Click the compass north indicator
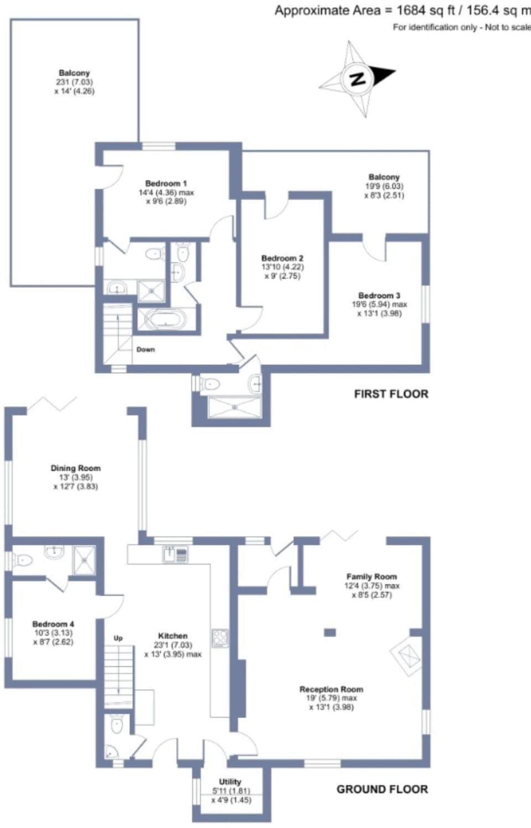tap(358, 79)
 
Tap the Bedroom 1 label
tap(166, 184)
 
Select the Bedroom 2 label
tap(282, 258)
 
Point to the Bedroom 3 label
tap(379, 296)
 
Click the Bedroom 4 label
tap(53, 624)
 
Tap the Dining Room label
tap(76, 468)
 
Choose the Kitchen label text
tap(173, 636)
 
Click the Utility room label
tap(230, 782)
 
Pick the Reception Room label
tap(331, 690)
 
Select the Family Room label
tap(371, 576)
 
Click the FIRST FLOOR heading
tap(391, 394)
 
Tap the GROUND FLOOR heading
tap(382, 789)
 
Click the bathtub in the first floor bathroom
tap(162, 320)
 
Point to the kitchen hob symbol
tap(220, 638)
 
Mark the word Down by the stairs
tap(145, 350)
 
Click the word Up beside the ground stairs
tap(118, 638)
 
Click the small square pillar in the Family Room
tap(330, 632)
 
